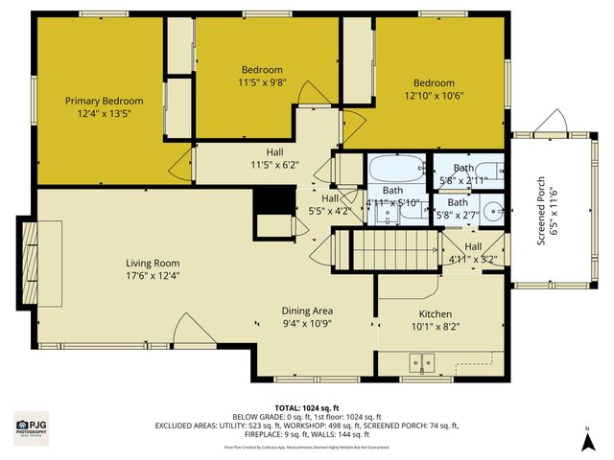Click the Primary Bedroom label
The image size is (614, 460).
[x=104, y=101]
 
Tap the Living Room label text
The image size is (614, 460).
[x=153, y=263]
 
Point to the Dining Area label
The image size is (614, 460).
[x=307, y=310]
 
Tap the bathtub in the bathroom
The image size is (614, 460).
[x=396, y=169]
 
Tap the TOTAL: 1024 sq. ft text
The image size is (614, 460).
[x=306, y=407]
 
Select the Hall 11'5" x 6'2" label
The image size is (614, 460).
[x=274, y=158]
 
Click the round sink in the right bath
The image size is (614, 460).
[x=492, y=209]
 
